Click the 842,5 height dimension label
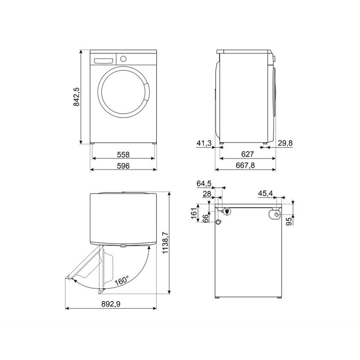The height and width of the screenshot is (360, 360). point(76,97)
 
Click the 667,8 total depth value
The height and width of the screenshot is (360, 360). point(245,165)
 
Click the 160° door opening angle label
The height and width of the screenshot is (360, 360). point(121,280)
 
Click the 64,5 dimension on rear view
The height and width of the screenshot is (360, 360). point(204,184)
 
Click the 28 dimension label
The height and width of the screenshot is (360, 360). point(206,194)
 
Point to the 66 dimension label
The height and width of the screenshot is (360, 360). point(206,218)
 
